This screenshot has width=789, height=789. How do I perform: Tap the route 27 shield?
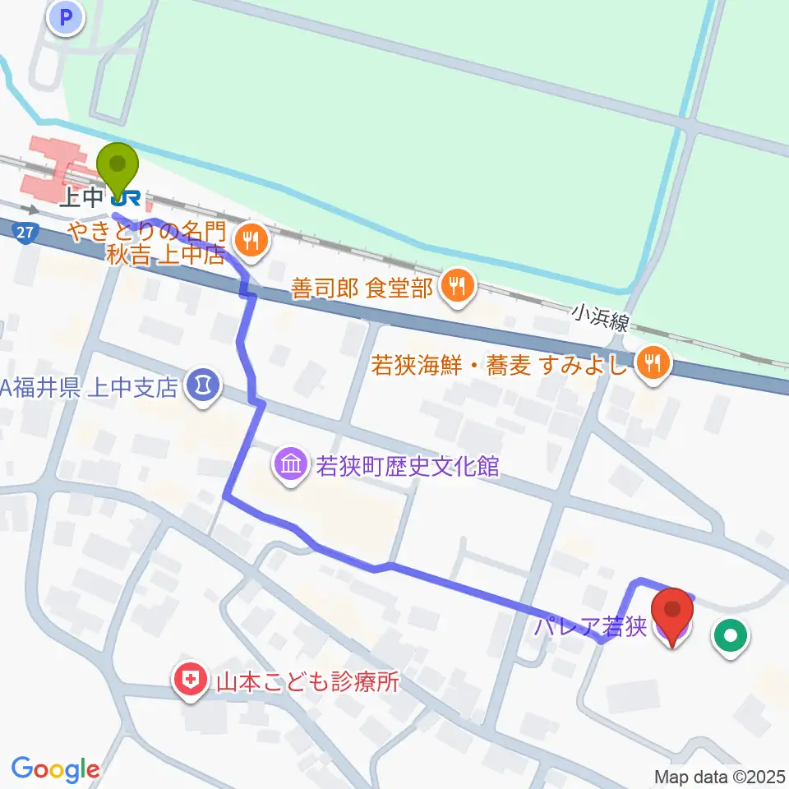[25, 233]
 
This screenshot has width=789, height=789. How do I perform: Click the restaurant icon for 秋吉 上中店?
[250, 240]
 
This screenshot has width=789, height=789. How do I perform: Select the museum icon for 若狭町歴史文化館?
[293, 466]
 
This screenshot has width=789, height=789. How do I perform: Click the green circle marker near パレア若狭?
[730, 634]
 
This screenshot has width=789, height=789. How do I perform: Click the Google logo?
[55, 769]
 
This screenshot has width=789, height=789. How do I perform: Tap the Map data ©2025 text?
[719, 777]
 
